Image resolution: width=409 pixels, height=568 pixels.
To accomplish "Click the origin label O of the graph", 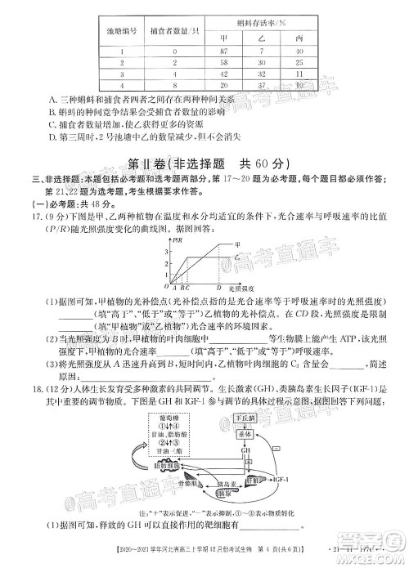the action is [x=166, y=287].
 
